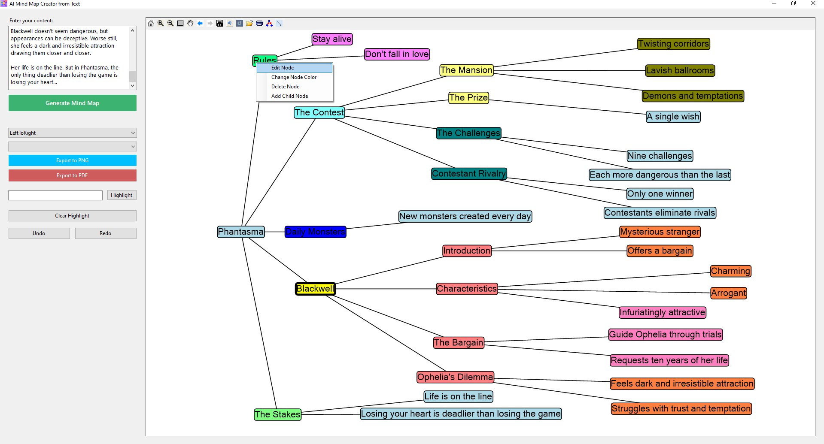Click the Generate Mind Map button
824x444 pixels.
(x=72, y=103)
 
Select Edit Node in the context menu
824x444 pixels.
(x=283, y=68)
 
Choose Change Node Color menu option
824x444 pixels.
(x=294, y=77)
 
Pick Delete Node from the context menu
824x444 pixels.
(x=285, y=87)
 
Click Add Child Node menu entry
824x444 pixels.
(x=289, y=96)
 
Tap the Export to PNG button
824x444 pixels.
(x=72, y=160)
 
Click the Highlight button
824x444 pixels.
(x=122, y=195)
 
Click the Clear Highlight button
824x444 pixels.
(x=72, y=216)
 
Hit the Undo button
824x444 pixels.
(x=39, y=233)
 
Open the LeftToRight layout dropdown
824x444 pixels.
(x=72, y=133)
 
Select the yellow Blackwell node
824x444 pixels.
(x=315, y=289)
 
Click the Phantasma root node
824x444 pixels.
(x=240, y=232)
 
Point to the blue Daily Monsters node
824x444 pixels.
(x=315, y=232)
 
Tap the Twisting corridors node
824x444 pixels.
(x=673, y=44)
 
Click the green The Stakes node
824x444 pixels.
(x=277, y=414)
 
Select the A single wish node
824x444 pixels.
(x=673, y=117)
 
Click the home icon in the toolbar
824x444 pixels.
(x=151, y=23)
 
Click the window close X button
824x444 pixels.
(x=813, y=3)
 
